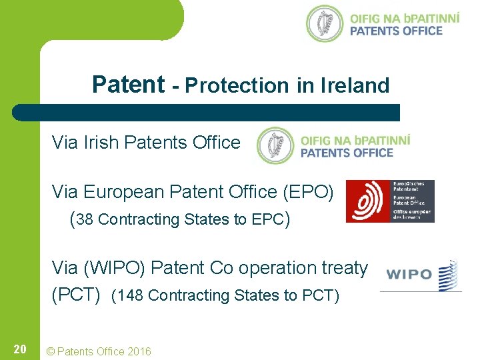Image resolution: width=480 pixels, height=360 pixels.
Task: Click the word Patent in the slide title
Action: pyautogui.click(x=128, y=85)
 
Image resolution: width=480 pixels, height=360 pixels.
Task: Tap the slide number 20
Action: pyautogui.click(x=20, y=349)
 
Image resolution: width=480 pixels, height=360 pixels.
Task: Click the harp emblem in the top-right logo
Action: pyautogui.click(x=325, y=24)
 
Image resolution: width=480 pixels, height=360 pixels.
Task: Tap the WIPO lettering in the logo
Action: pyautogui.click(x=409, y=275)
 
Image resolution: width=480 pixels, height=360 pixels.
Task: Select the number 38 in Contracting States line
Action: pyautogui.click(x=85, y=219)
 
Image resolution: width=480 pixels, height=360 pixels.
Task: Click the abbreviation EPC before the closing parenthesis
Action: pyautogui.click(x=267, y=219)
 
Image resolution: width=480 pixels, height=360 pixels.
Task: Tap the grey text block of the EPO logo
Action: pyautogui.click(x=412, y=201)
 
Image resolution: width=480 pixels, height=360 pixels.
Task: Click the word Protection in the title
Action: pyautogui.click(x=236, y=85)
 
